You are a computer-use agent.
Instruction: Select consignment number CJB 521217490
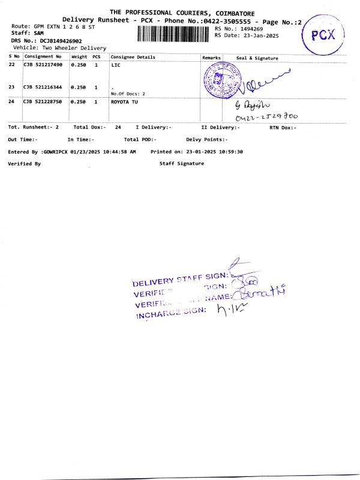(43, 64)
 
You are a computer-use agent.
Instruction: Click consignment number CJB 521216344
(43, 87)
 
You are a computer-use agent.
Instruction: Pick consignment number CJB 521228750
(43, 102)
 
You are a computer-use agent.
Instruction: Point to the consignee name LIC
(116, 64)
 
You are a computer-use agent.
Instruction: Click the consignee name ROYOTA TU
(125, 102)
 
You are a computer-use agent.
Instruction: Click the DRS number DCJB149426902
(59, 40)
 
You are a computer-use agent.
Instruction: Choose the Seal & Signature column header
(257, 58)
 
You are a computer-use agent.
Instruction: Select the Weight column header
(79, 57)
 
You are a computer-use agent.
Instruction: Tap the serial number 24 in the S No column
(11, 102)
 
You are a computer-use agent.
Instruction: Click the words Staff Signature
(182, 163)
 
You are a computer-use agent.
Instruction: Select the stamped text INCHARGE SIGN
(171, 313)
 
